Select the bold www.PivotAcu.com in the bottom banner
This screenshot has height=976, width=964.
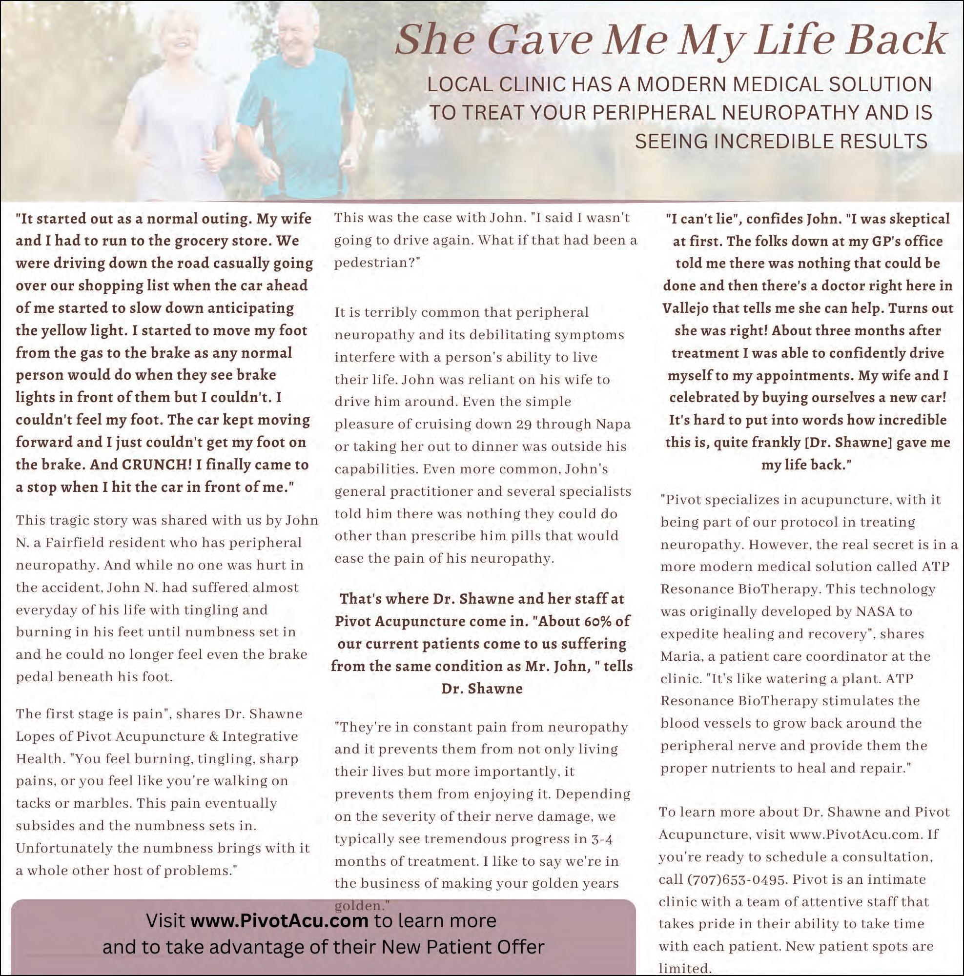click(279, 920)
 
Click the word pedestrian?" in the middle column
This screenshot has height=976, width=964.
click(377, 263)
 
